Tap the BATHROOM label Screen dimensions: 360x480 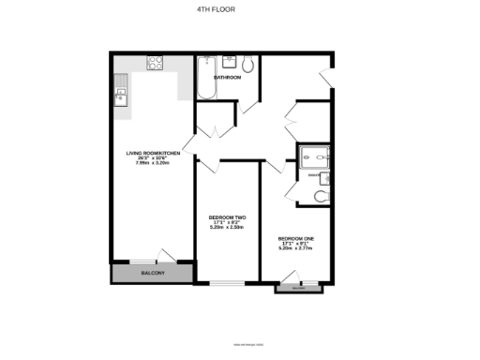click(228, 77)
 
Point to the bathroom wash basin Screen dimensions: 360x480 click(226, 63)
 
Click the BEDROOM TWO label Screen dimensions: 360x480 click(227, 217)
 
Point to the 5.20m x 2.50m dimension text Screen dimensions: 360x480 click(227, 228)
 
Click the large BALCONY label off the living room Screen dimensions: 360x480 click(152, 273)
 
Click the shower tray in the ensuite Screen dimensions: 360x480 click(312, 157)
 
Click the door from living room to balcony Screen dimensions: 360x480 click(167, 256)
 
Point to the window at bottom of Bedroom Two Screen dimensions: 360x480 click(227, 282)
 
